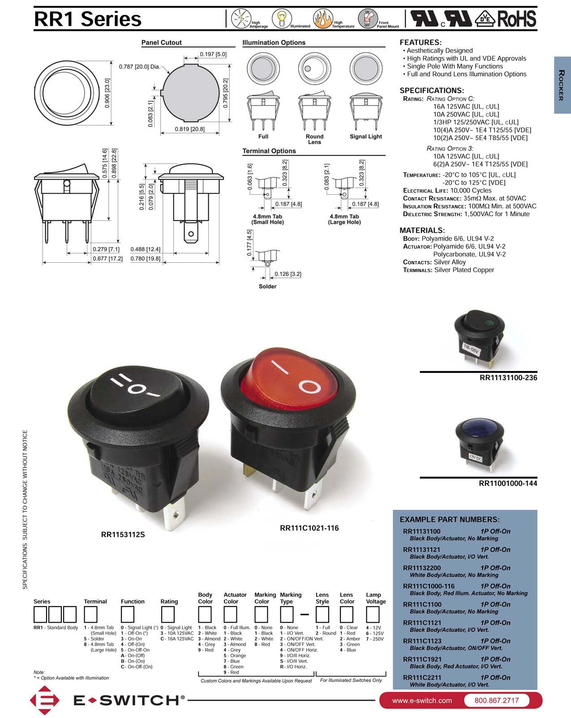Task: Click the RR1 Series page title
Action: point(88,19)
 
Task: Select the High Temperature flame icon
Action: point(322,19)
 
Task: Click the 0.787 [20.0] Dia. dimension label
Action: point(139,67)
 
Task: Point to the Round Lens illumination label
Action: point(314,139)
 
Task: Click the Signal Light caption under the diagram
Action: point(365,137)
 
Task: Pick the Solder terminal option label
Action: point(267,286)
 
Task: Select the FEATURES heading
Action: point(420,43)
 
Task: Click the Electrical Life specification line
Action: point(447,191)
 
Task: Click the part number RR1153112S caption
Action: point(123,534)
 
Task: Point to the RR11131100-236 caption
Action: point(508,378)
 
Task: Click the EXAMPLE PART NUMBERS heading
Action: point(449,520)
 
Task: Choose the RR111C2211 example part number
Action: point(422,678)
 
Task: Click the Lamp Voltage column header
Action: point(375,598)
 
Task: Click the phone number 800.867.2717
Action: point(496,701)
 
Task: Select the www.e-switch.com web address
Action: point(421,701)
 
